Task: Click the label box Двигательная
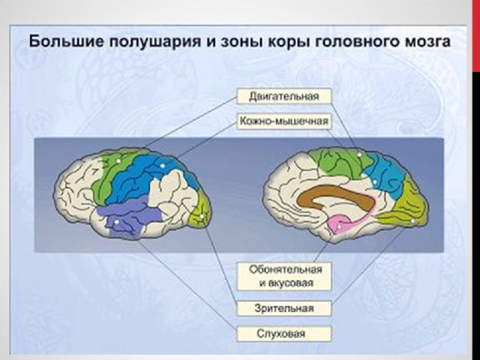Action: click(284, 96)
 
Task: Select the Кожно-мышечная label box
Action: click(284, 121)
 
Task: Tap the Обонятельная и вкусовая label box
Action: click(284, 276)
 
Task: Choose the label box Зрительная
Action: click(284, 308)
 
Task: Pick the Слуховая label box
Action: click(284, 333)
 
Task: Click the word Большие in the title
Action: click(67, 41)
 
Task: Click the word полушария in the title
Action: click(154, 42)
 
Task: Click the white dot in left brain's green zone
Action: click(118, 160)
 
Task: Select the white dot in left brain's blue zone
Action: click(163, 166)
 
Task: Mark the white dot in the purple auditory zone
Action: click(116, 222)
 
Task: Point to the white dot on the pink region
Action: click(339, 226)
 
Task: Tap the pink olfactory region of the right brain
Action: click(343, 223)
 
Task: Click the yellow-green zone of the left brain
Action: click(199, 211)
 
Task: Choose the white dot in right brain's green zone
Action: click(360, 155)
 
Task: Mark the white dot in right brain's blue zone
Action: click(375, 181)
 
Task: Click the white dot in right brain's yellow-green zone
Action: click(412, 221)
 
